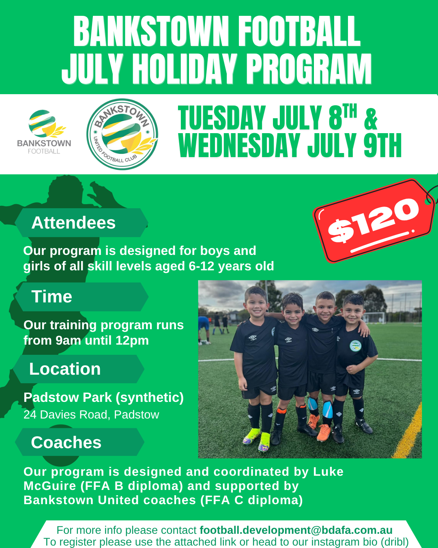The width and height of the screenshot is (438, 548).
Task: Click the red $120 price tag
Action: click(x=374, y=221)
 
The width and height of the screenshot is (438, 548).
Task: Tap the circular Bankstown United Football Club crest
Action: click(x=122, y=134)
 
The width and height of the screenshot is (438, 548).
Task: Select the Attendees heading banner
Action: click(x=82, y=222)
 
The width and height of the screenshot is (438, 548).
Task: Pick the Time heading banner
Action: click(x=82, y=297)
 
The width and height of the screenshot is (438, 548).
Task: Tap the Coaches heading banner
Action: click(x=79, y=442)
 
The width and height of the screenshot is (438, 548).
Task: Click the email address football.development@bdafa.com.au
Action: click(x=296, y=530)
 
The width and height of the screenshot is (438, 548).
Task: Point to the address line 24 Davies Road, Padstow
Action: click(x=91, y=415)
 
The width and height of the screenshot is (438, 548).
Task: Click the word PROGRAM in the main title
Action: click(x=309, y=69)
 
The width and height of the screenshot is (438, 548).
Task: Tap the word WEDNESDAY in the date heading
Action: click(x=239, y=145)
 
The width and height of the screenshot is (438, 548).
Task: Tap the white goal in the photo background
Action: click(x=374, y=318)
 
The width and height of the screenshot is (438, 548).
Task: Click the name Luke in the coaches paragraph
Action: click(x=328, y=472)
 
